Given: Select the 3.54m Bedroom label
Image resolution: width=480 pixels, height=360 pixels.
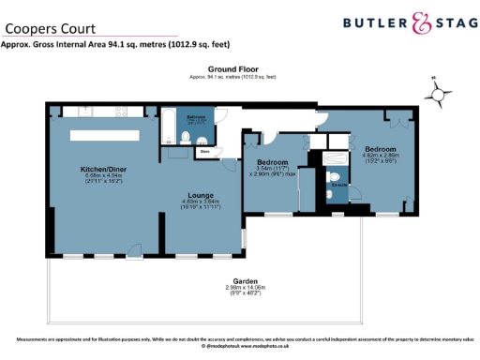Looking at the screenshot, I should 273,161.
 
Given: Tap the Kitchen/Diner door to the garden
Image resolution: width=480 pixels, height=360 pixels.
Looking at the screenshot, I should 132,255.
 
